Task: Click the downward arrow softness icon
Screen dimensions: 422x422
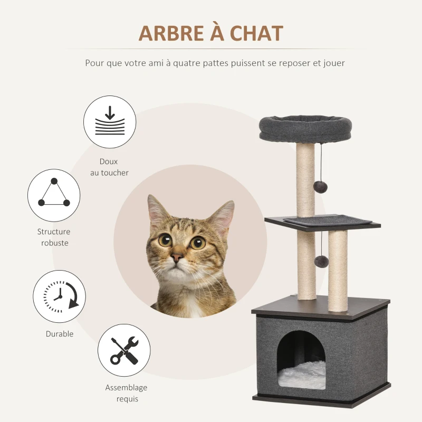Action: pos(110,122)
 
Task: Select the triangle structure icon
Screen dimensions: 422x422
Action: pos(53,195)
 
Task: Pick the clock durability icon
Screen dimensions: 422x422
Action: pos(59,296)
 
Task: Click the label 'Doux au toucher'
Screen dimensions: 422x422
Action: pos(109,167)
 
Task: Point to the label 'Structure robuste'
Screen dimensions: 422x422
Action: pos(54,237)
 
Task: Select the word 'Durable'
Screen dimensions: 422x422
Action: pos(60,334)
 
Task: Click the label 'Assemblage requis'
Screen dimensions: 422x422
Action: pos(127,393)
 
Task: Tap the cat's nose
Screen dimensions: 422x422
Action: pos(177,257)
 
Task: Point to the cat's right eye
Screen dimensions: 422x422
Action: pos(198,243)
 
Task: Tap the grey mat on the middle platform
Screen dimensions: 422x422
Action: pos(327,219)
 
